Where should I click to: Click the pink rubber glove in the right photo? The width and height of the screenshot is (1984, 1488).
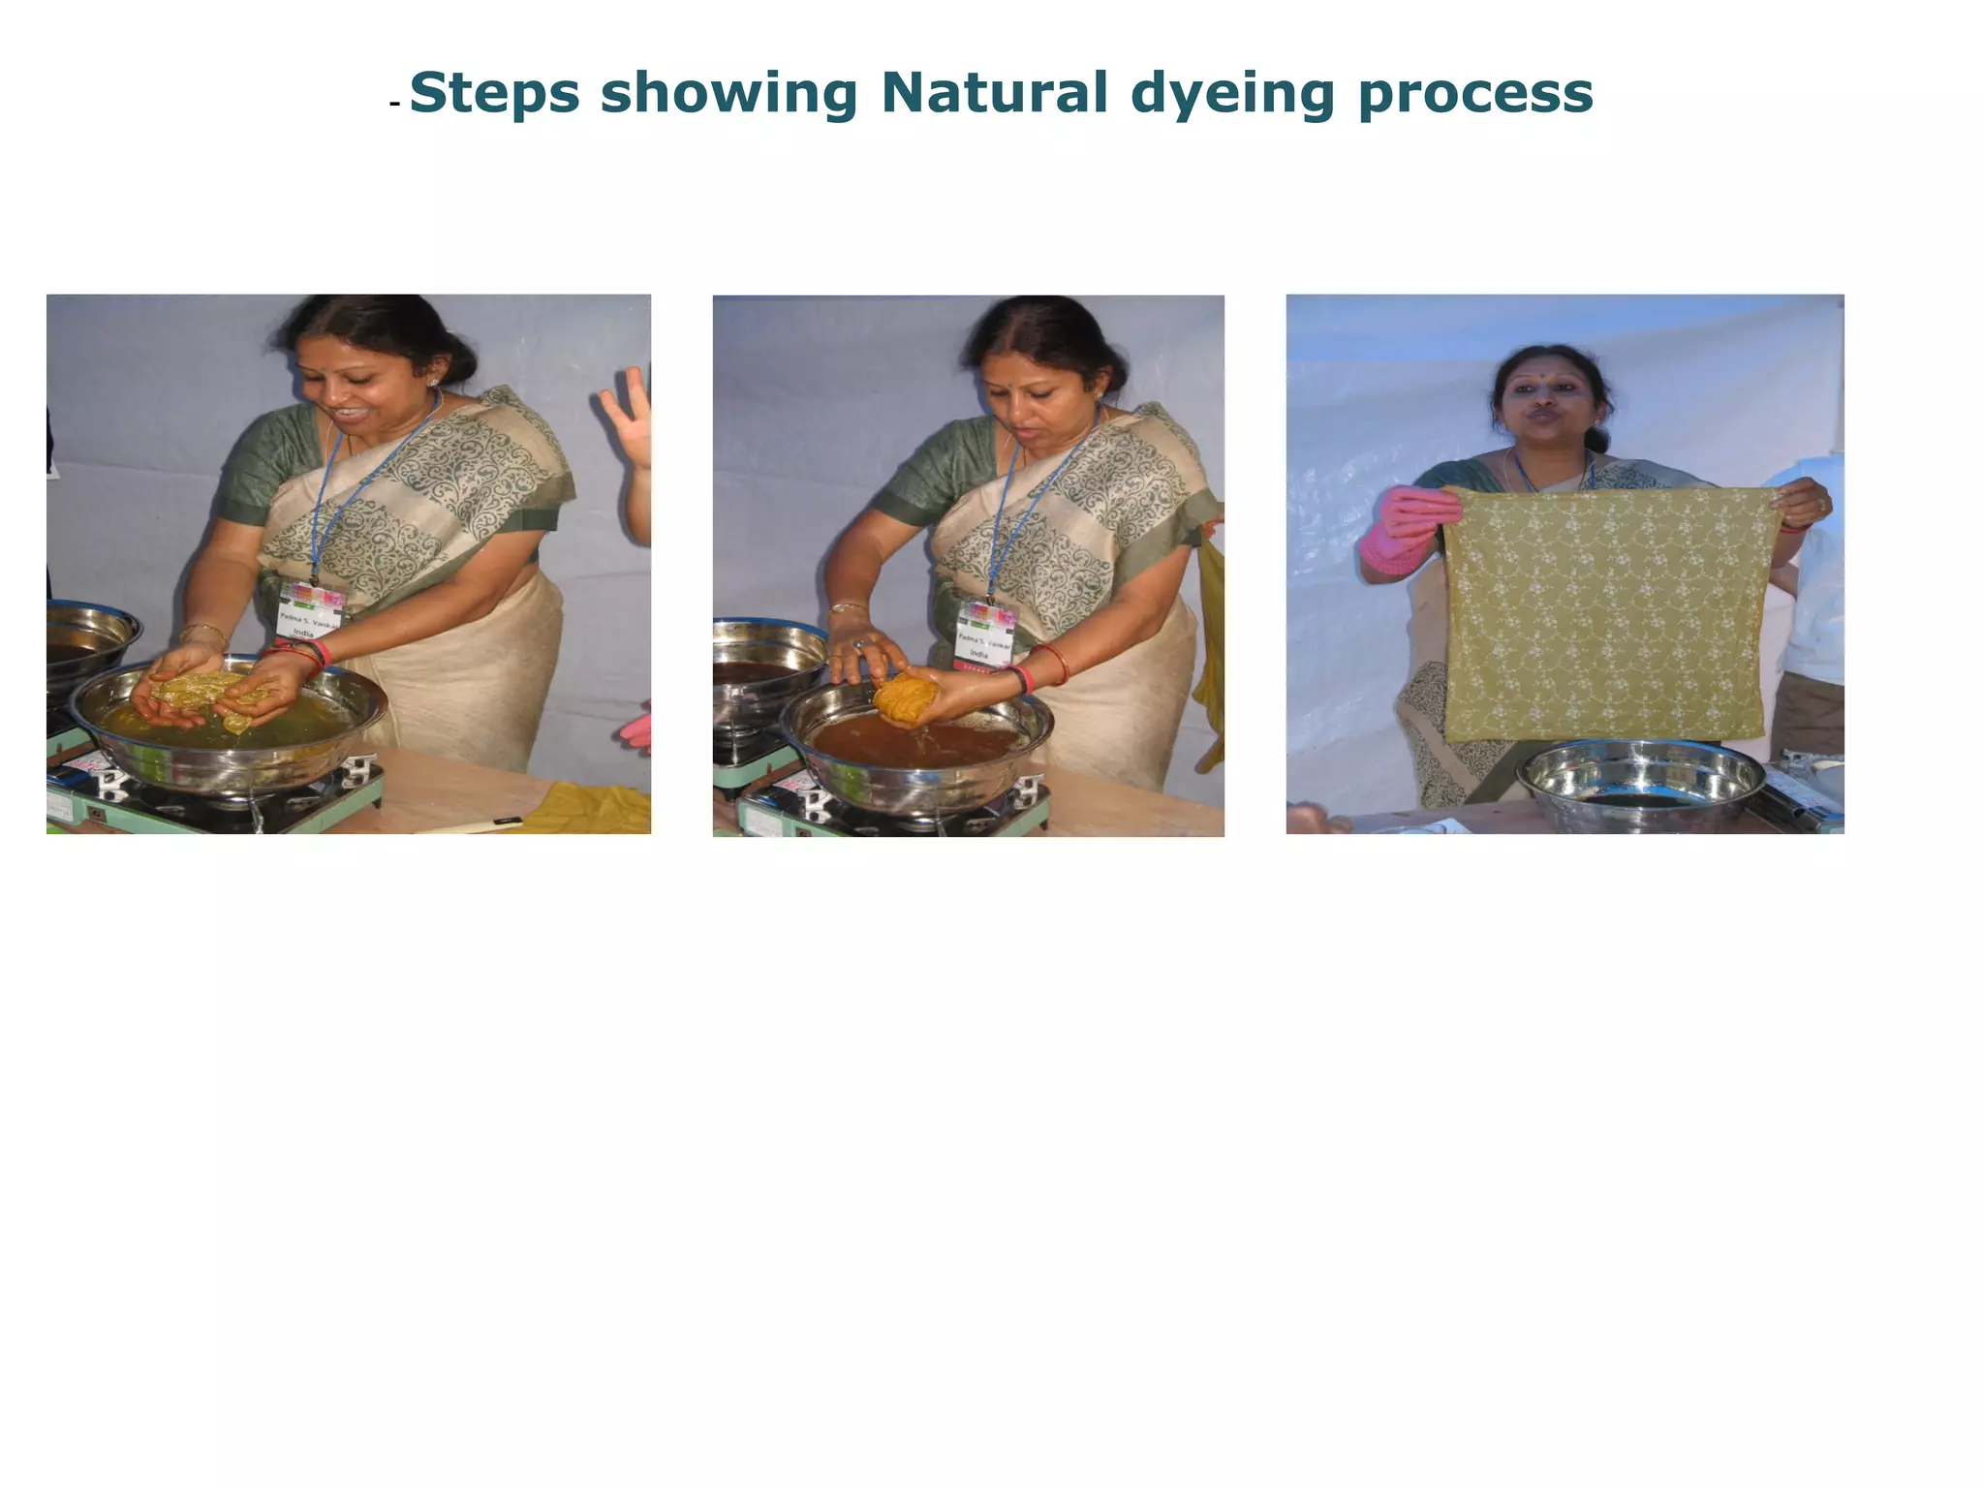point(1395,531)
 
